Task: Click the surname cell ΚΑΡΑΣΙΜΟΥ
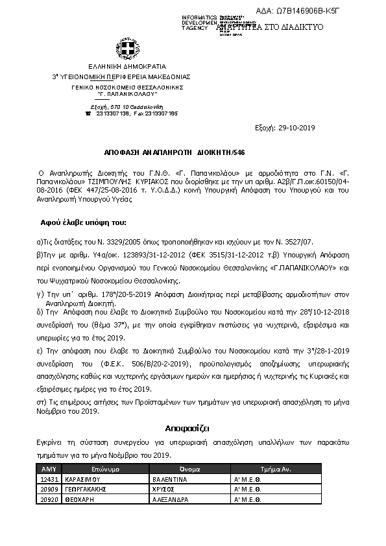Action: (x=85, y=479)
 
